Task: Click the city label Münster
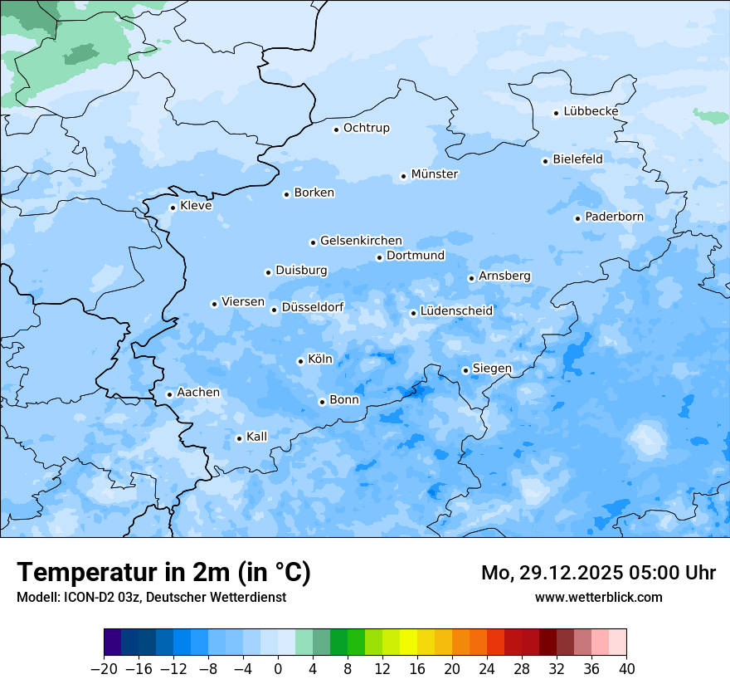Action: pos(435,174)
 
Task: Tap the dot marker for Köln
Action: pos(300,361)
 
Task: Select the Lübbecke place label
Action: pos(591,111)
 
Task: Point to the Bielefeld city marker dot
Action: pos(546,161)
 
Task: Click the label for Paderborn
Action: pos(614,217)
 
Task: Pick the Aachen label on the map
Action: pos(198,392)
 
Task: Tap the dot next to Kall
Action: pos(239,438)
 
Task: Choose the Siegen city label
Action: pos(492,368)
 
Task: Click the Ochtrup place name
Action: pos(366,128)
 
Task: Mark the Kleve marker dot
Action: pos(173,208)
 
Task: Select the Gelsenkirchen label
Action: pos(361,241)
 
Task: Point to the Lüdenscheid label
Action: pos(456,311)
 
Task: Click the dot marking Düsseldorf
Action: pos(274,310)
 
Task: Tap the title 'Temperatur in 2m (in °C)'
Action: pos(163,572)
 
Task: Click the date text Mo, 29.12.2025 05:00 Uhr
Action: pos(598,573)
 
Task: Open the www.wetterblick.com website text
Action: pos(598,597)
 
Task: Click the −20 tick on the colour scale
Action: pos(104,669)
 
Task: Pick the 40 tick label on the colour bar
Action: pos(626,669)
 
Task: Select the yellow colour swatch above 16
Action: pos(408,643)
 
